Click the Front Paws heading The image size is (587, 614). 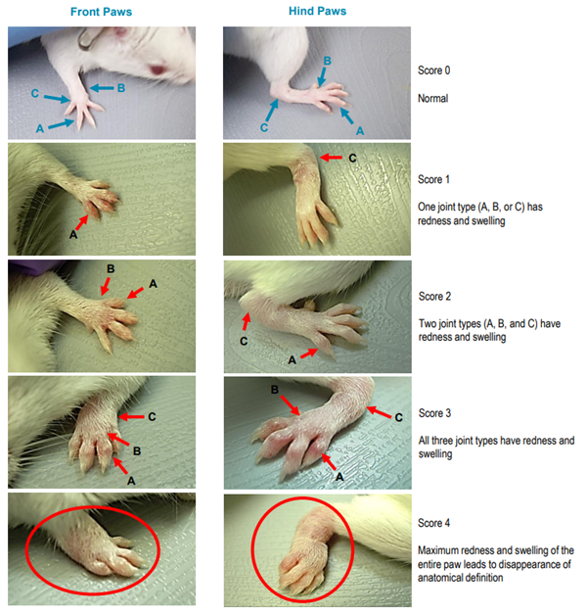[x=101, y=12]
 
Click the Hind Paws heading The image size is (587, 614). [x=317, y=11]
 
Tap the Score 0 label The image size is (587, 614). [x=434, y=71]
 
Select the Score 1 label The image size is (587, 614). [x=433, y=179]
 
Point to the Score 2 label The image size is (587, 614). [x=434, y=297]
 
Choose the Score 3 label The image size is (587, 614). [x=434, y=413]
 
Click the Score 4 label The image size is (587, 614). [x=434, y=523]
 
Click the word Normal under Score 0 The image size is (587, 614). [x=432, y=98]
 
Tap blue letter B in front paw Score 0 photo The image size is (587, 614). [x=121, y=88]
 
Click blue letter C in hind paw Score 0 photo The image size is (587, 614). [x=264, y=127]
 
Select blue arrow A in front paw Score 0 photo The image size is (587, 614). [x=61, y=123]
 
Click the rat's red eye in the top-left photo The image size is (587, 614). [x=158, y=71]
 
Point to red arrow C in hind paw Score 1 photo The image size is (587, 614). [x=331, y=158]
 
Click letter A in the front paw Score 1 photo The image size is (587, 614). [x=73, y=235]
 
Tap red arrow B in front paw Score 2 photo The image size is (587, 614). [x=106, y=286]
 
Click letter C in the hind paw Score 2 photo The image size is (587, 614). [x=244, y=342]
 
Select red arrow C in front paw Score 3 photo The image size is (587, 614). [x=131, y=417]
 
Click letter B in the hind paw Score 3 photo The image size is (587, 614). [x=275, y=390]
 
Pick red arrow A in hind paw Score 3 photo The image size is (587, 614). [x=329, y=462]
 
